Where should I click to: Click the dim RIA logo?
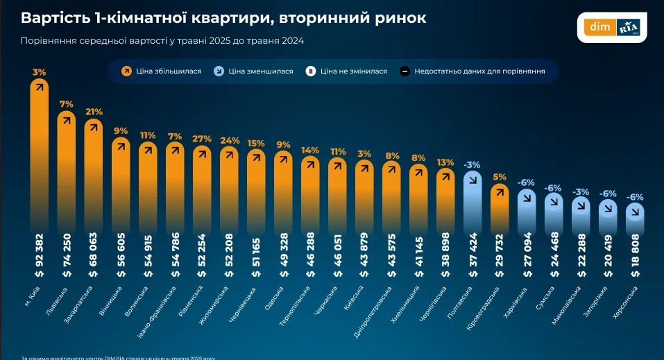(613, 28)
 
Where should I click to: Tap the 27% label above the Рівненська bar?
(202, 138)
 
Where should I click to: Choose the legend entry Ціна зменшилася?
(253, 71)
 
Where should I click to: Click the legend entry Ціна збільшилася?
(161, 71)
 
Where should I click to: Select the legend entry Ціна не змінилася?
(346, 71)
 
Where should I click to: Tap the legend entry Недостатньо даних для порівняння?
(472, 71)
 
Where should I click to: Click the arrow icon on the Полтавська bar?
(473, 179)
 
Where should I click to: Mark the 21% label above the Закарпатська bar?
(94, 111)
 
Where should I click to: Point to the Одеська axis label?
(274, 295)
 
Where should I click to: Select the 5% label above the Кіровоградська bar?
(500, 176)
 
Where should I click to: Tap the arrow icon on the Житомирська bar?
(229, 155)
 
